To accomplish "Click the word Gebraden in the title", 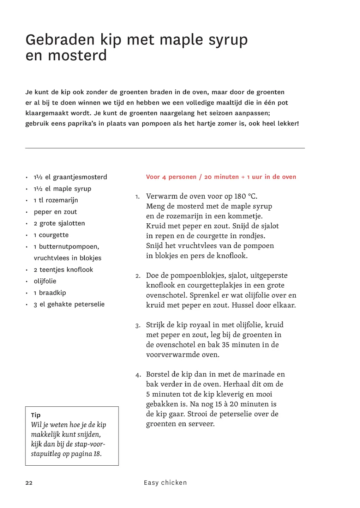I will [x=60, y=40].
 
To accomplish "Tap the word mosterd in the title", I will [x=77, y=56].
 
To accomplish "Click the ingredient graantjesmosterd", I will [x=80, y=177].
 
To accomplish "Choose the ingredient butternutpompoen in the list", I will [x=69, y=247].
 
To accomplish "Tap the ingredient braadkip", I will [x=52, y=293].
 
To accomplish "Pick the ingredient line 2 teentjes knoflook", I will [x=63, y=270].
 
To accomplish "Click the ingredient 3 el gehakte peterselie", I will [x=69, y=304].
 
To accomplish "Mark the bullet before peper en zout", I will [x=26, y=212].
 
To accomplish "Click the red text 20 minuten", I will [x=221, y=177].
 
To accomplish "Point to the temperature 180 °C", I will [x=246, y=196].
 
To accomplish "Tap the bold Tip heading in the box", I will [x=36, y=415].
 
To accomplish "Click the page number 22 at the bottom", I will [x=29, y=483].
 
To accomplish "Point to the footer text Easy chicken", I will [x=165, y=483].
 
